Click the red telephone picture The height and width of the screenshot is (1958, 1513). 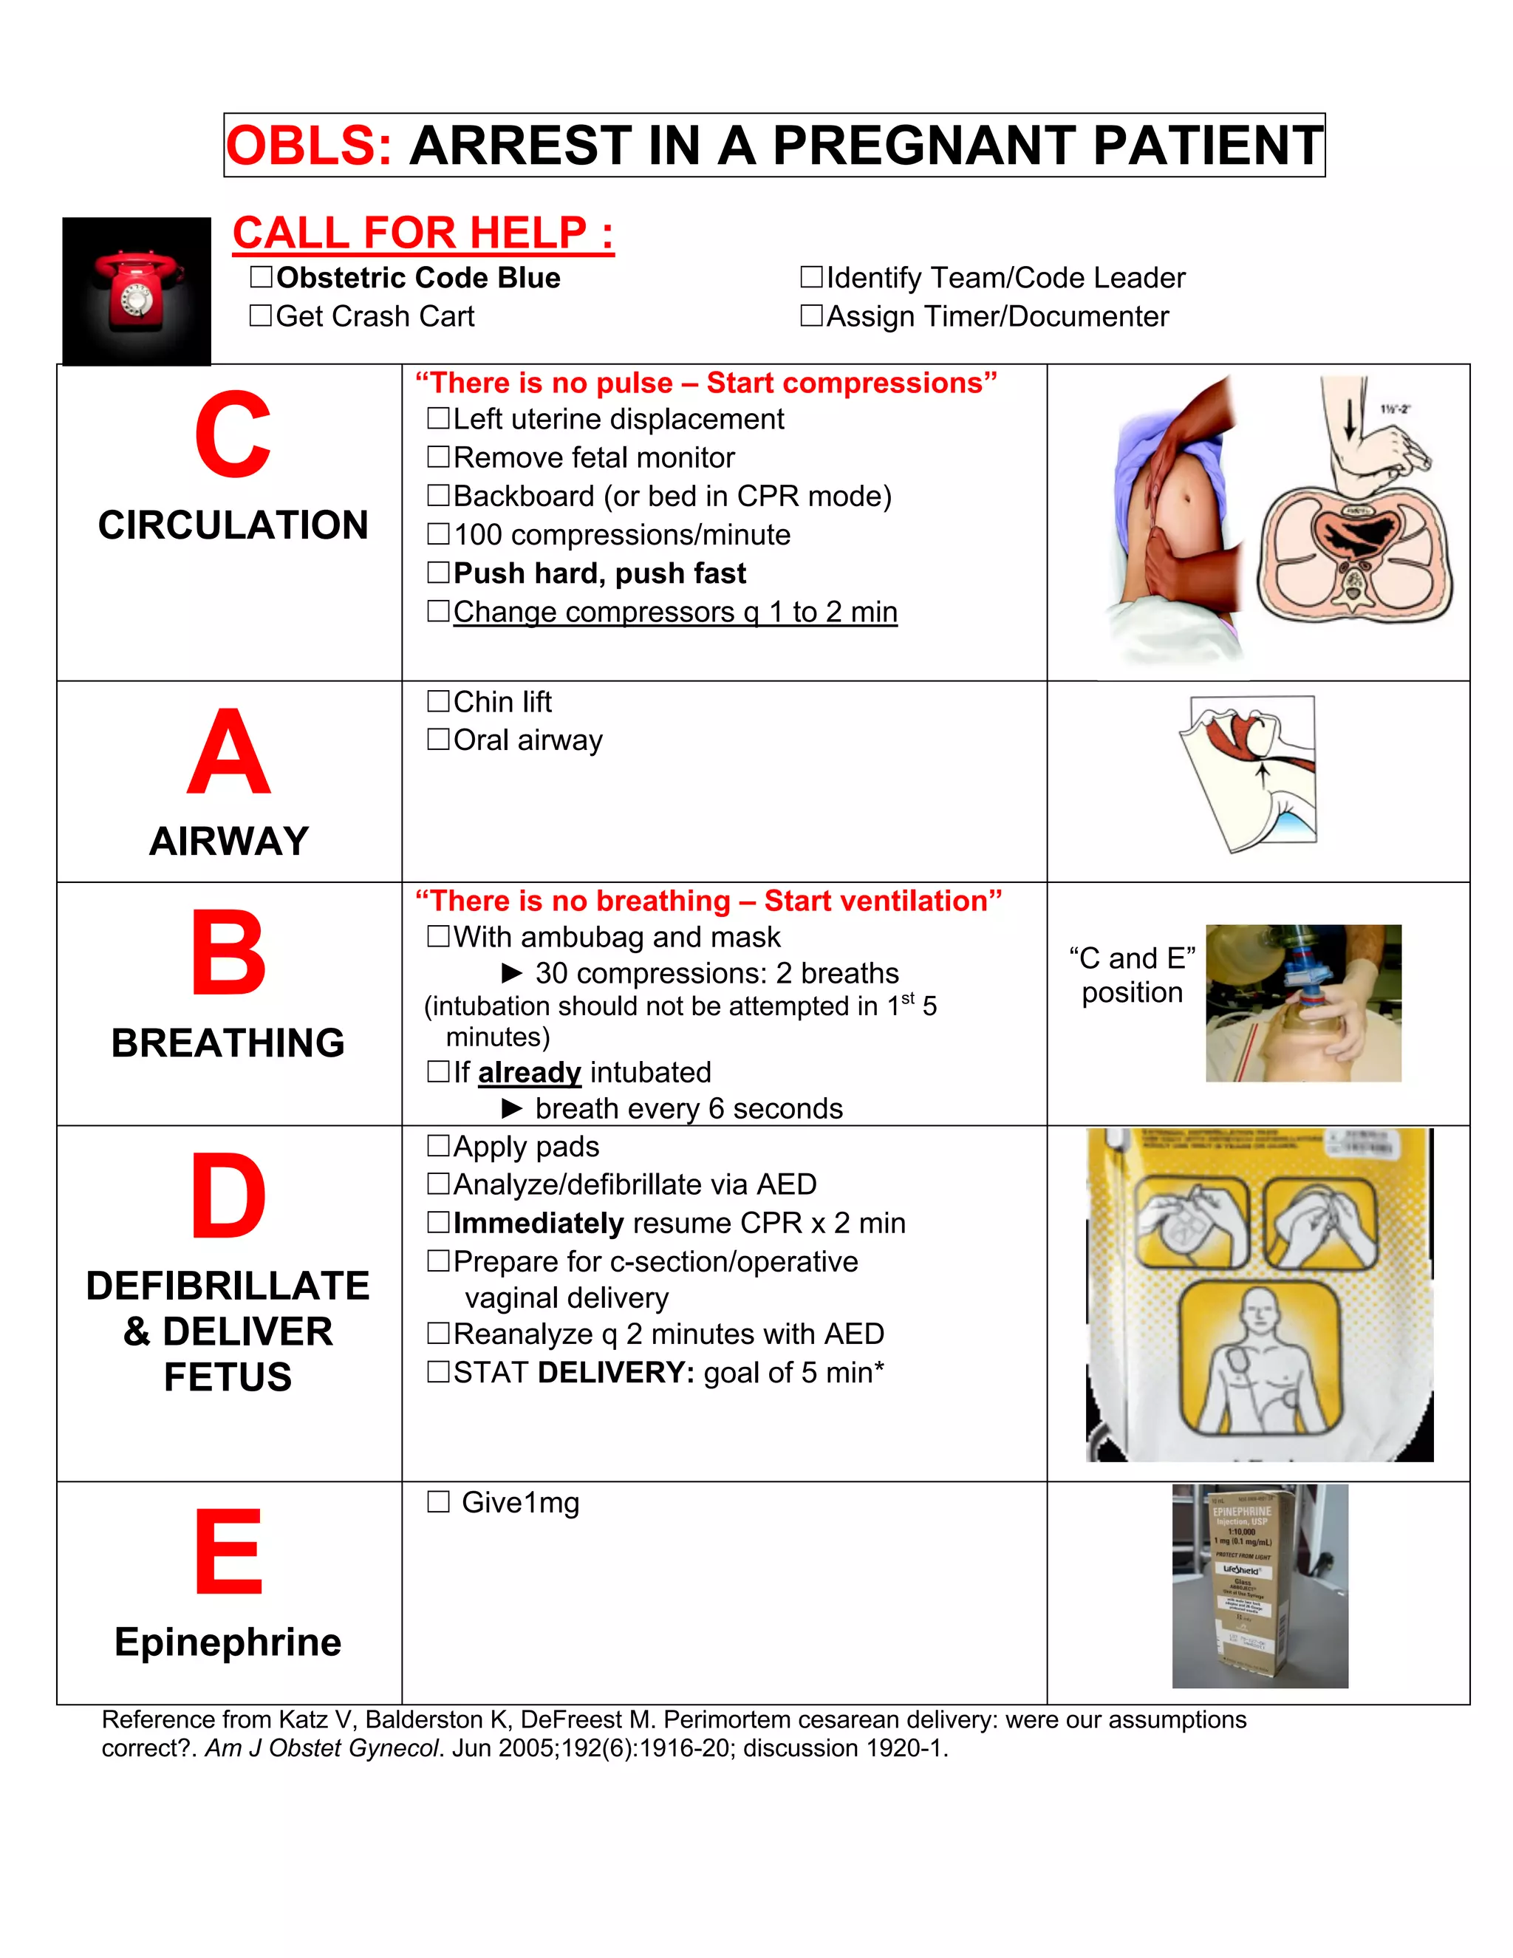(x=136, y=291)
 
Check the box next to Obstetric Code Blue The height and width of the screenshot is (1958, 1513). (x=261, y=277)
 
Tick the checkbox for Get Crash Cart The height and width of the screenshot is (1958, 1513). (x=261, y=315)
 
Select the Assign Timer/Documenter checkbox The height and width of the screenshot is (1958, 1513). (x=811, y=315)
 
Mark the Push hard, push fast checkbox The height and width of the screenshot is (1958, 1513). (x=438, y=572)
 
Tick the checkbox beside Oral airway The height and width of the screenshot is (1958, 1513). (x=438, y=739)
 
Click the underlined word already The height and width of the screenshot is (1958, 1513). (x=530, y=1072)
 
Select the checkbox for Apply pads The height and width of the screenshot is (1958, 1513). (x=438, y=1146)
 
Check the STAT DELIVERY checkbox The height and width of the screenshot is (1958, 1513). (x=438, y=1371)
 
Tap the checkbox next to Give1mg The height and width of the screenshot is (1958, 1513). (x=438, y=1501)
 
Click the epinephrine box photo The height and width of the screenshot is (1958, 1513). (x=1260, y=1585)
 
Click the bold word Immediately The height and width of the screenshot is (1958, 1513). (x=538, y=1223)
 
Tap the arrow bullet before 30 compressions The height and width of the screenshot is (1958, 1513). (x=512, y=973)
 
